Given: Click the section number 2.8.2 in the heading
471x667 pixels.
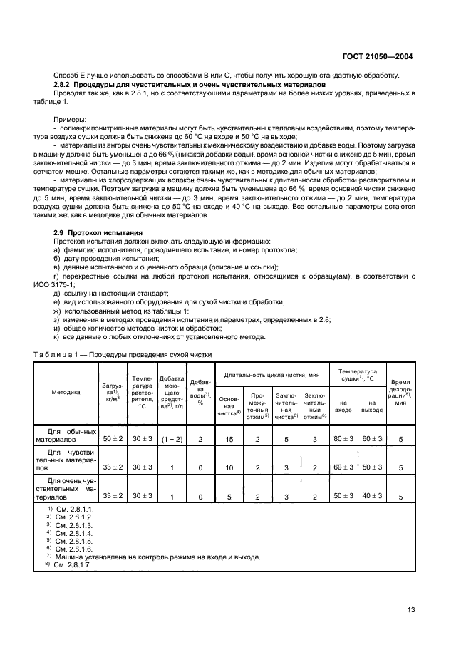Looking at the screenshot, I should point(65,84).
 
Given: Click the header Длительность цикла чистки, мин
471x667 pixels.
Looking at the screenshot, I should point(271,374).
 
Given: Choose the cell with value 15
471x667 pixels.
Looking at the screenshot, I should point(229,439).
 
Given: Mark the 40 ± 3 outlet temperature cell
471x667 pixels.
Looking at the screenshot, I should point(371,495).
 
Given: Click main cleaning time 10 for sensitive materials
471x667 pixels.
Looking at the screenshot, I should point(229,467).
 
